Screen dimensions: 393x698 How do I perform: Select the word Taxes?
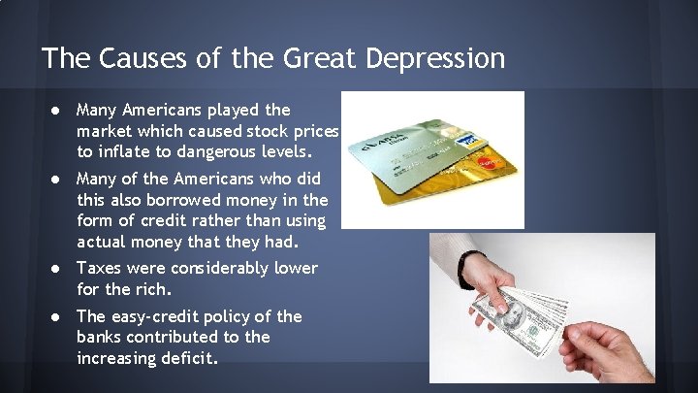(100, 268)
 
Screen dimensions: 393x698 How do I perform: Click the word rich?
(155, 288)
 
